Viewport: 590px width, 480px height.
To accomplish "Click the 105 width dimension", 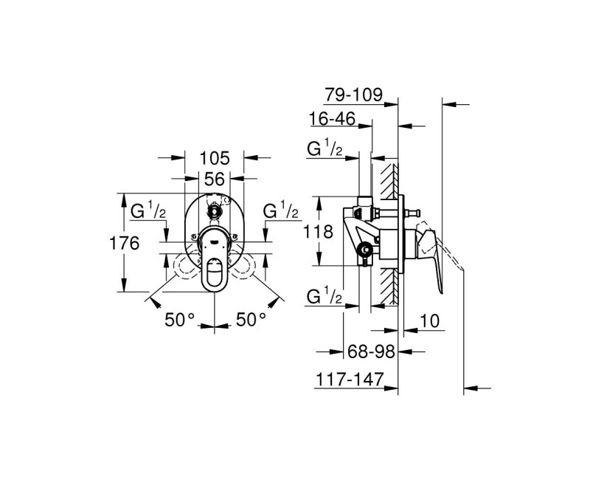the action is click(x=214, y=158).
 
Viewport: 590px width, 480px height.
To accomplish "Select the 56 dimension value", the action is click(x=214, y=179).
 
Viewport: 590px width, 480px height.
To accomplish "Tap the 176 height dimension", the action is click(x=124, y=243).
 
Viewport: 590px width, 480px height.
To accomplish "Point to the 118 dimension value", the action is click(x=319, y=231).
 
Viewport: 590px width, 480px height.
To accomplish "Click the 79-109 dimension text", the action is click(x=353, y=95).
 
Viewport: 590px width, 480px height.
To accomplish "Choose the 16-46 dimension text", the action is click(x=333, y=119).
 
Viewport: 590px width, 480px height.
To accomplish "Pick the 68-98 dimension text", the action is click(x=371, y=352).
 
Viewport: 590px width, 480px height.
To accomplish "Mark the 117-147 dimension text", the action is click(x=350, y=379).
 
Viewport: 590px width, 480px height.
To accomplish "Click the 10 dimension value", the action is click(x=429, y=321).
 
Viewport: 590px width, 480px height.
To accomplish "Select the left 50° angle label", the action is click(x=179, y=320).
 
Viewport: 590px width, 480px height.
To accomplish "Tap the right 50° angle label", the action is click(x=251, y=320).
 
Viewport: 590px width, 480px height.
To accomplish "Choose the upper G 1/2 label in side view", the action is click(x=325, y=148).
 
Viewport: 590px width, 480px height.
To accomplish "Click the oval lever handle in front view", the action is click(x=215, y=274).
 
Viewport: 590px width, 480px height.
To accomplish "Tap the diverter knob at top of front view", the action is click(x=215, y=210).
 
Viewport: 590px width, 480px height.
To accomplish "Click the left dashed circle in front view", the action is click(x=187, y=266).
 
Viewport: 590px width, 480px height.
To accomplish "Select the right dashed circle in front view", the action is click(x=243, y=266).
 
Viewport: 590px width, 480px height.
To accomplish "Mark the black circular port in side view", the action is click(x=365, y=249).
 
